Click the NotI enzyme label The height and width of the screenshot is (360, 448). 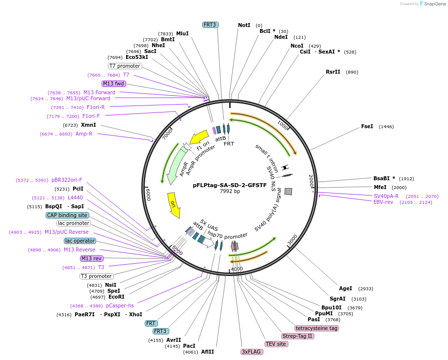tap(244, 25)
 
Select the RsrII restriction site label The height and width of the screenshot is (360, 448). tap(333, 72)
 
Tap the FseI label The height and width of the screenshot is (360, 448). tap(367, 126)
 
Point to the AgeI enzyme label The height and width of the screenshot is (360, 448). tap(345, 288)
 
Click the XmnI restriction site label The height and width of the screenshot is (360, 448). tap(88, 125)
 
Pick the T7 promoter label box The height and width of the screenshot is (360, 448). tap(125, 66)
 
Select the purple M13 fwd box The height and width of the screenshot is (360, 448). tap(113, 83)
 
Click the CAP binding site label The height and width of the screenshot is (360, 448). tap(67, 215)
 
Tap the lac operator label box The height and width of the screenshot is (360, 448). tap(80, 241)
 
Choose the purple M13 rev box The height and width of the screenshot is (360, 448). tap(92, 258)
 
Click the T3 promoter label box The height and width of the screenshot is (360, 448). tap(97, 276)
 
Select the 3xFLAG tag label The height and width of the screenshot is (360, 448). tap(252, 352)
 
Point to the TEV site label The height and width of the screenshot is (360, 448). tap(276, 344)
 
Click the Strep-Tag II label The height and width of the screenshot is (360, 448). tap(297, 336)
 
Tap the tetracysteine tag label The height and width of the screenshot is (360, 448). tap(316, 328)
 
